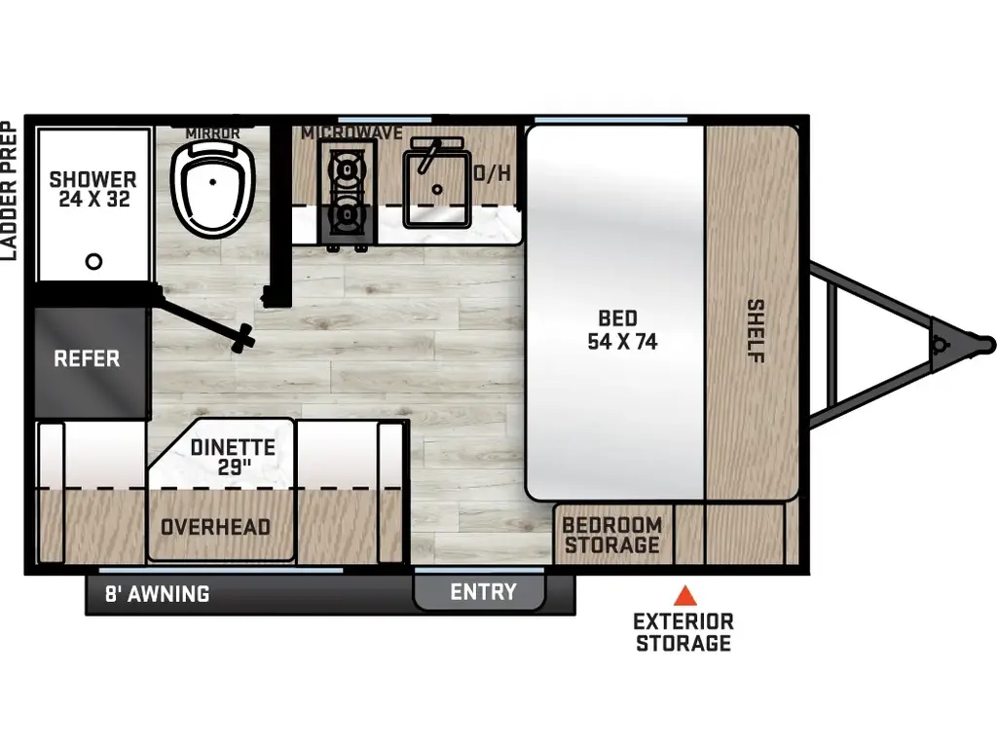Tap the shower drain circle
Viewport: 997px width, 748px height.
coord(93,261)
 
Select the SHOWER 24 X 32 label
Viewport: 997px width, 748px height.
coord(92,189)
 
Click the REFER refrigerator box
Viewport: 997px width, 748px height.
coord(87,358)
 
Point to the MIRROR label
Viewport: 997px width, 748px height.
coord(212,131)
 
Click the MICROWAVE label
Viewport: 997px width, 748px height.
coord(351,132)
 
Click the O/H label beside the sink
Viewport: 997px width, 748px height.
coord(492,174)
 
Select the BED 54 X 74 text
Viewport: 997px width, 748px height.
coord(617,330)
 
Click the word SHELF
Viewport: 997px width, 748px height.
coord(756,331)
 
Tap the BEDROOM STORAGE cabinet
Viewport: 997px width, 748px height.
coord(612,535)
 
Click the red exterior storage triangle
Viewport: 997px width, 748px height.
coord(685,594)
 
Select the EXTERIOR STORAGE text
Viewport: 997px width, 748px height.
coord(683,632)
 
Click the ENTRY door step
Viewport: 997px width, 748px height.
coord(482,592)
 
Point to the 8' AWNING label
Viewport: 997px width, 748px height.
coord(158,593)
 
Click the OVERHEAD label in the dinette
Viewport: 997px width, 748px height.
coord(215,527)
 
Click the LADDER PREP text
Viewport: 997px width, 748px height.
coord(9,191)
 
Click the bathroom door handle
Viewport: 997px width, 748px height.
coord(240,339)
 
